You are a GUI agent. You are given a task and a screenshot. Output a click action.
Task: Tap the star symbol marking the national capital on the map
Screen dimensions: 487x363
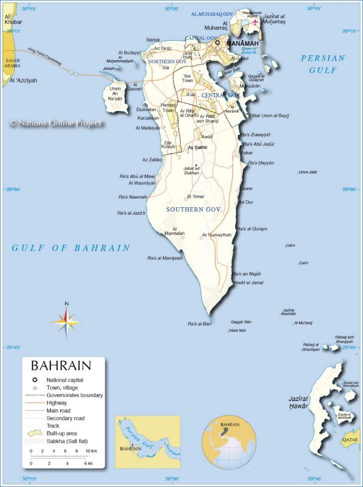coord(217,43)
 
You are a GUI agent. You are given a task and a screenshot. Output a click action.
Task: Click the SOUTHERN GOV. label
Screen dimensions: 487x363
coord(195,210)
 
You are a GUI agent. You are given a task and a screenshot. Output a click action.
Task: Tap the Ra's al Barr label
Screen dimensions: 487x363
coord(199,324)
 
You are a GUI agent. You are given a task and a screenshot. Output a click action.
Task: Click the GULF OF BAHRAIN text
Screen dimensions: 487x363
coord(71,248)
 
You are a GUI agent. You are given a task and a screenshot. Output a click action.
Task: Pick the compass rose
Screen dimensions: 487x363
coord(67,322)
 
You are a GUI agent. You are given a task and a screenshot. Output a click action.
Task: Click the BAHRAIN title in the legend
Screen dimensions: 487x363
coord(61,366)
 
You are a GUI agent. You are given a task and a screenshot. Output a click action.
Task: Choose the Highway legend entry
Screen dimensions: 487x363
coord(57,403)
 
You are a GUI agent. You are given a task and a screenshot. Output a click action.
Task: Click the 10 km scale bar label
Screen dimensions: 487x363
coord(91,451)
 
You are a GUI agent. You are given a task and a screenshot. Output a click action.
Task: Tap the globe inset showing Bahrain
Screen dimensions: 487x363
coord(229,441)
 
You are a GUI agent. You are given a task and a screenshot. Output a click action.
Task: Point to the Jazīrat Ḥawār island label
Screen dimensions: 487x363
coord(298,403)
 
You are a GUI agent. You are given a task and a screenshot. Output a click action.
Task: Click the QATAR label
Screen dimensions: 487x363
coord(350,440)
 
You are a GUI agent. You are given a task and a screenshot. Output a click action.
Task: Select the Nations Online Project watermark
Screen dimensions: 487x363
coord(56,123)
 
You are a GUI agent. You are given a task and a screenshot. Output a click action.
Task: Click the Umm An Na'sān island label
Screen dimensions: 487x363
coord(116,94)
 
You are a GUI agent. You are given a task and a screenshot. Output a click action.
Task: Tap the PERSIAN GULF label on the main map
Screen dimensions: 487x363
coord(323,64)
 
